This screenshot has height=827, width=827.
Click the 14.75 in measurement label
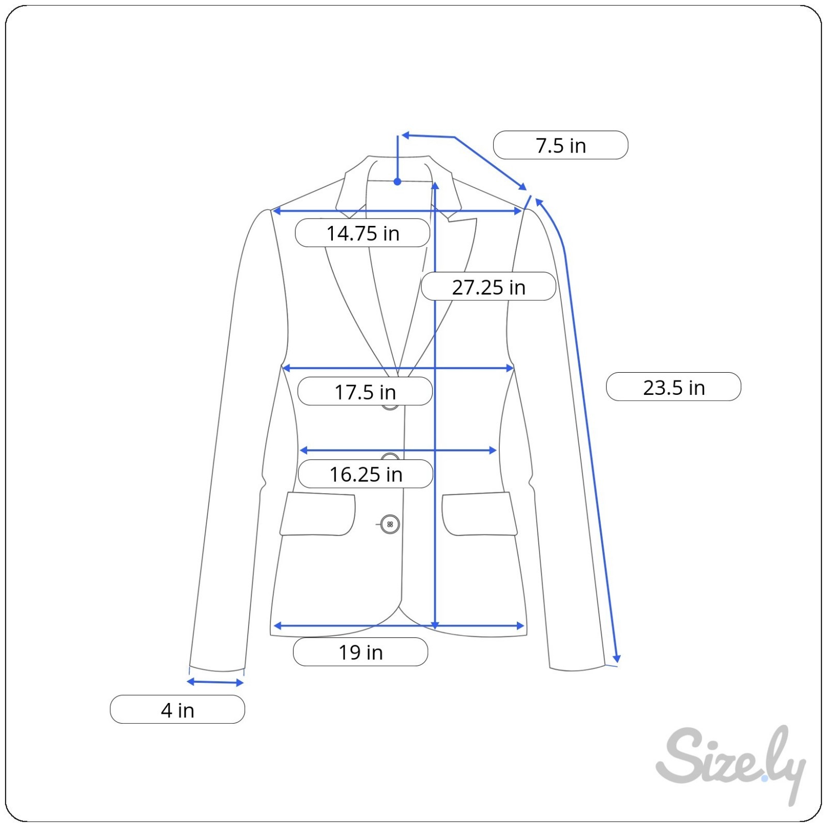pos(362,233)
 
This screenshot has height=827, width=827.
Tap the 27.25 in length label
pos(488,287)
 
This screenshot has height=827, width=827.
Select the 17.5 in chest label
pos(365,392)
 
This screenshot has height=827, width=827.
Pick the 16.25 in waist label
pos(365,474)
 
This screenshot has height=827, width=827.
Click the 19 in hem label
pos(360,652)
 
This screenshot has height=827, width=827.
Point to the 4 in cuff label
pos(177,710)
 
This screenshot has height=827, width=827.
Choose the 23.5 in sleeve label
pos(673,387)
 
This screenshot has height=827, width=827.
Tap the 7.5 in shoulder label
pos(561,145)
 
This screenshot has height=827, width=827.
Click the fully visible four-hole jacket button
pos(390,524)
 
